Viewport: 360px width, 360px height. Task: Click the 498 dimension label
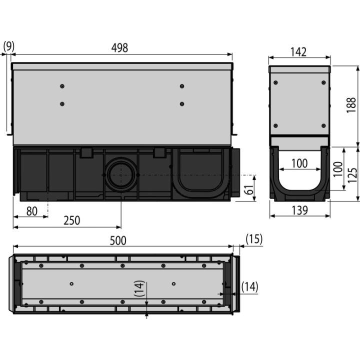coord(119,48)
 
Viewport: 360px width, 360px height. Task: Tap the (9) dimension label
coord(8,46)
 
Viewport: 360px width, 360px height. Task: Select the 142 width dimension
coord(298,52)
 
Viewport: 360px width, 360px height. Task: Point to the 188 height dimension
coord(351,105)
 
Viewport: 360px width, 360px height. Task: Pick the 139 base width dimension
coord(299,210)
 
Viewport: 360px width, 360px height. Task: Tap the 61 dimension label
coord(249,189)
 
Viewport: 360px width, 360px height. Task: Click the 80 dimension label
coord(32,211)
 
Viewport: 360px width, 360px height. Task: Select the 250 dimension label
coord(72,220)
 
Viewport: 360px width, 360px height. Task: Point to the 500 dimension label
coord(118,240)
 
